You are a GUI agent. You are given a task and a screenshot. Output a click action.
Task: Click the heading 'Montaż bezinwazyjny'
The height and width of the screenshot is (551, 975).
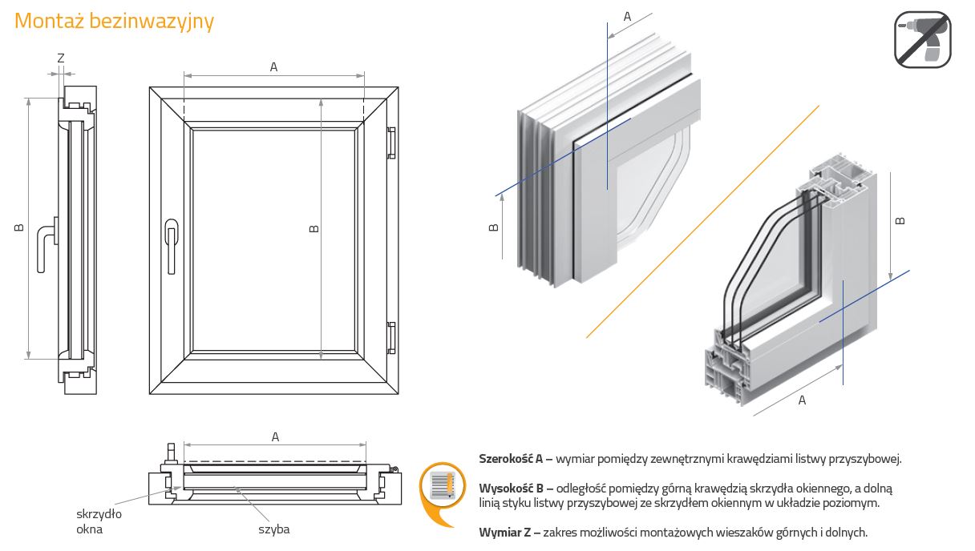[114, 21]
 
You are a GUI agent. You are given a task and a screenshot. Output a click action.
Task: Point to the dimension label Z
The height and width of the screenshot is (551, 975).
[61, 58]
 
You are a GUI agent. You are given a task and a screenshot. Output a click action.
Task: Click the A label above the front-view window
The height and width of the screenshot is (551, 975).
[273, 67]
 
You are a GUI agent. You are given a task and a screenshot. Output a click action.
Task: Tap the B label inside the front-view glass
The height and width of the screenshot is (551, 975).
[314, 228]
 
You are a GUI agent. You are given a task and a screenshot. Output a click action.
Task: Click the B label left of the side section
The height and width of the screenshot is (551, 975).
[18, 228]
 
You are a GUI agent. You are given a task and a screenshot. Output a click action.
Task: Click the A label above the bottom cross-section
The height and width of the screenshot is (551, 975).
[275, 436]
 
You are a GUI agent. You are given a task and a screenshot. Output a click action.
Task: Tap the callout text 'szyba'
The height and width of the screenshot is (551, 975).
[273, 529]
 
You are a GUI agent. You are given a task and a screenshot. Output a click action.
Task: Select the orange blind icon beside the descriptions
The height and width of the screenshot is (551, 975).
[443, 489]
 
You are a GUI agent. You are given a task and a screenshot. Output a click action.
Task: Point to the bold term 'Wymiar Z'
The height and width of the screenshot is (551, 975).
[506, 532]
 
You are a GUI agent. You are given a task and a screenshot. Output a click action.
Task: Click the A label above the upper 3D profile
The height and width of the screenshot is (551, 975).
[627, 16]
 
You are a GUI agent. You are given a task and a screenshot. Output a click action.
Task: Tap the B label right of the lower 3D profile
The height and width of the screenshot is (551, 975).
[900, 219]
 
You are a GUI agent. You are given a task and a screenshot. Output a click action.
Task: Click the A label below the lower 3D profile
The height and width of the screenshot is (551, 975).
[802, 400]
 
